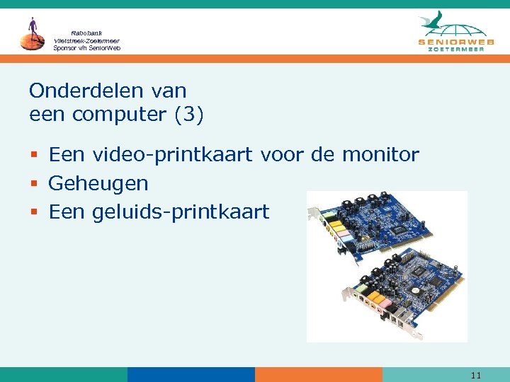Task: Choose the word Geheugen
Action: [x=98, y=183]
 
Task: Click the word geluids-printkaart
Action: [x=181, y=212]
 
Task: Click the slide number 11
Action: [x=475, y=375]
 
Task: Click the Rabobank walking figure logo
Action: [x=32, y=34]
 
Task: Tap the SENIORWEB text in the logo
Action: [x=453, y=42]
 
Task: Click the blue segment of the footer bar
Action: [x=191, y=375]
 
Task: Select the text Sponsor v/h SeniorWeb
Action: [x=86, y=48]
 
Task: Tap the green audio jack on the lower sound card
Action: [x=362, y=288]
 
